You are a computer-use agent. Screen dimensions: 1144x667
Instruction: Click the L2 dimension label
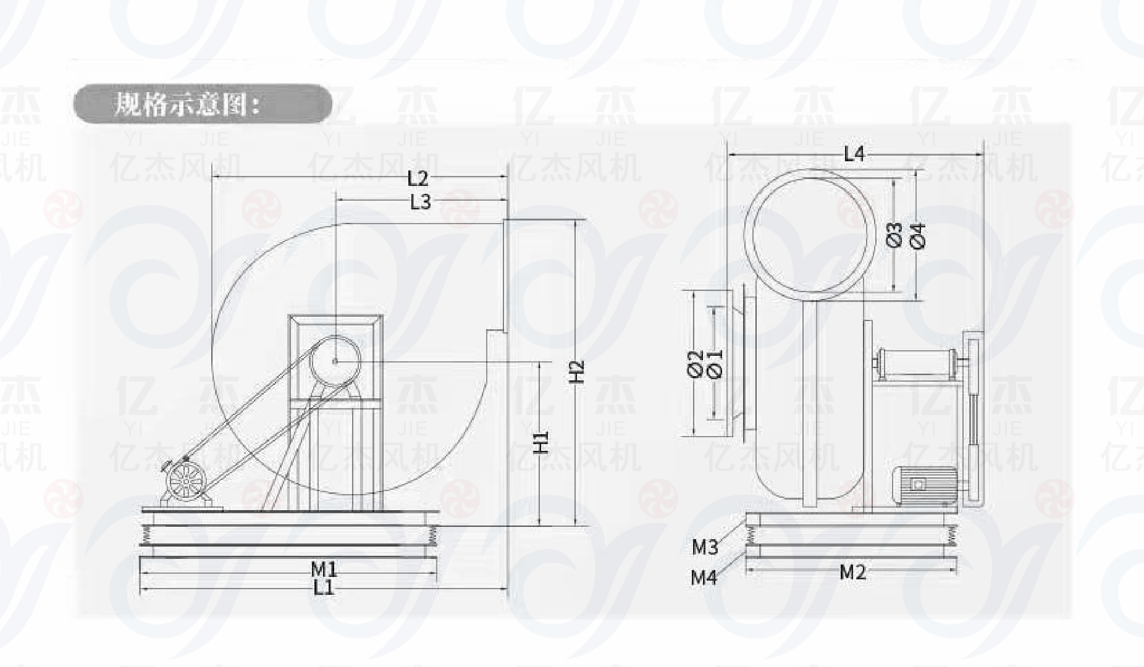(418, 178)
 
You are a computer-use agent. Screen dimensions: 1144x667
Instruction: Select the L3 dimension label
(421, 202)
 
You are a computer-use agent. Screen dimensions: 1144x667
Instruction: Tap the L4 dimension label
(854, 154)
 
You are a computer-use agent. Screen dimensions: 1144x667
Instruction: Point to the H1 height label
(541, 442)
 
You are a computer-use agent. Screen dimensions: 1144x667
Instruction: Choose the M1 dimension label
(324, 569)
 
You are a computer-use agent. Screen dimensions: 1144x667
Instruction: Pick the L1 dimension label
(323, 587)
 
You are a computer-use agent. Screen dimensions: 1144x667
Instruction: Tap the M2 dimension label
(853, 573)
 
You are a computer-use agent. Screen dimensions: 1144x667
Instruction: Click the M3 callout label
(704, 547)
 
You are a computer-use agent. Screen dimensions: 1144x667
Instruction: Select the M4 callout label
(704, 577)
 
